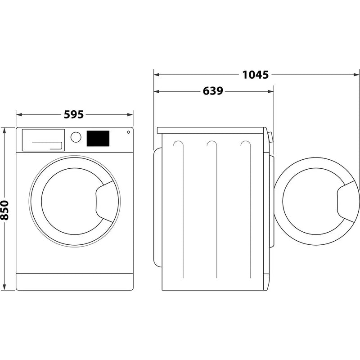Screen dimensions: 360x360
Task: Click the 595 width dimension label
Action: click(73, 115)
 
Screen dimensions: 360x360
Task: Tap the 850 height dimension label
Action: click(4, 210)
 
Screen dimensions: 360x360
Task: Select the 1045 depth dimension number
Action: click(256, 75)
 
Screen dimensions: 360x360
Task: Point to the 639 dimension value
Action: click(213, 91)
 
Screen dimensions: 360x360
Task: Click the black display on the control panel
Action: click(98, 139)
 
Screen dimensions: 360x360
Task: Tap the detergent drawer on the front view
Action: click(42, 139)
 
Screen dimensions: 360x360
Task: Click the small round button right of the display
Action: click(128, 132)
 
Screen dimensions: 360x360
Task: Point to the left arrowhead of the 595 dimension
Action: click(18, 115)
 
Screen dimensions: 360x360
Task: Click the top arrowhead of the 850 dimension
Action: click(4, 130)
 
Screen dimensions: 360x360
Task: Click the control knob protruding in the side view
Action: click(270, 137)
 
